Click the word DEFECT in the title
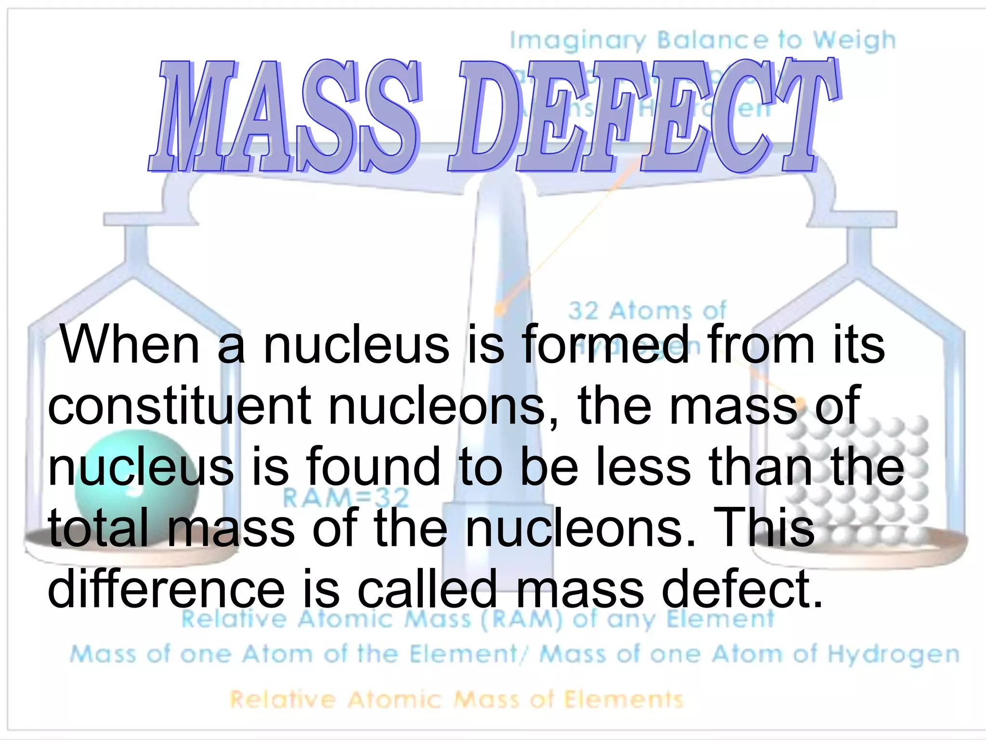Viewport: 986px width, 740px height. click(x=643, y=116)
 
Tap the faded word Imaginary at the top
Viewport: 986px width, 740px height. click(x=578, y=40)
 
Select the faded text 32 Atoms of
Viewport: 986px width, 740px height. click(x=648, y=311)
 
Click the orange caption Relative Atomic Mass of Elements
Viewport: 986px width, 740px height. click(x=456, y=699)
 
